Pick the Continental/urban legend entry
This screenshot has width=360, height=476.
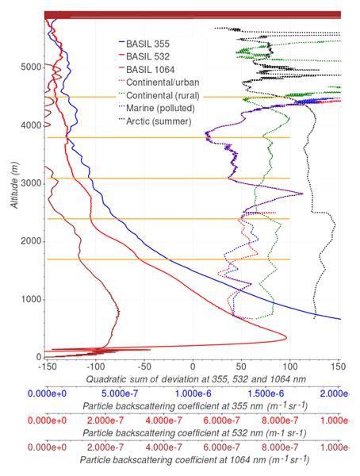click(x=163, y=82)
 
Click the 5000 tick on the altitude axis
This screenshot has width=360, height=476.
click(x=29, y=67)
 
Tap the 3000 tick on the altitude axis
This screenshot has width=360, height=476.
click(x=29, y=183)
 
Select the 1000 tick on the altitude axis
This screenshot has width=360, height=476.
click(x=29, y=299)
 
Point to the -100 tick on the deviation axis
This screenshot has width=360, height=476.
click(x=95, y=367)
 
